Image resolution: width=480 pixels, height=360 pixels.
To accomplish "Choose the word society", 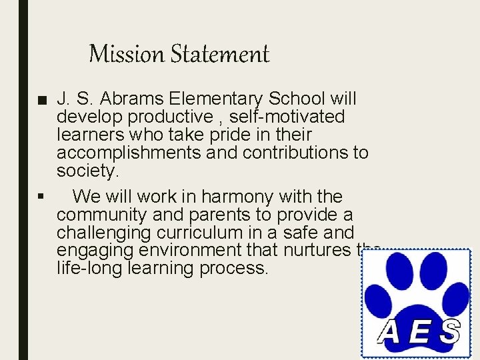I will pos(87,171).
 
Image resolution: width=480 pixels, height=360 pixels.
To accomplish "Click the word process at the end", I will pos(236,269).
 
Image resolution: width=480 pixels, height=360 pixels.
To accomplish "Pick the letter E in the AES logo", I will pos(420,331).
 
